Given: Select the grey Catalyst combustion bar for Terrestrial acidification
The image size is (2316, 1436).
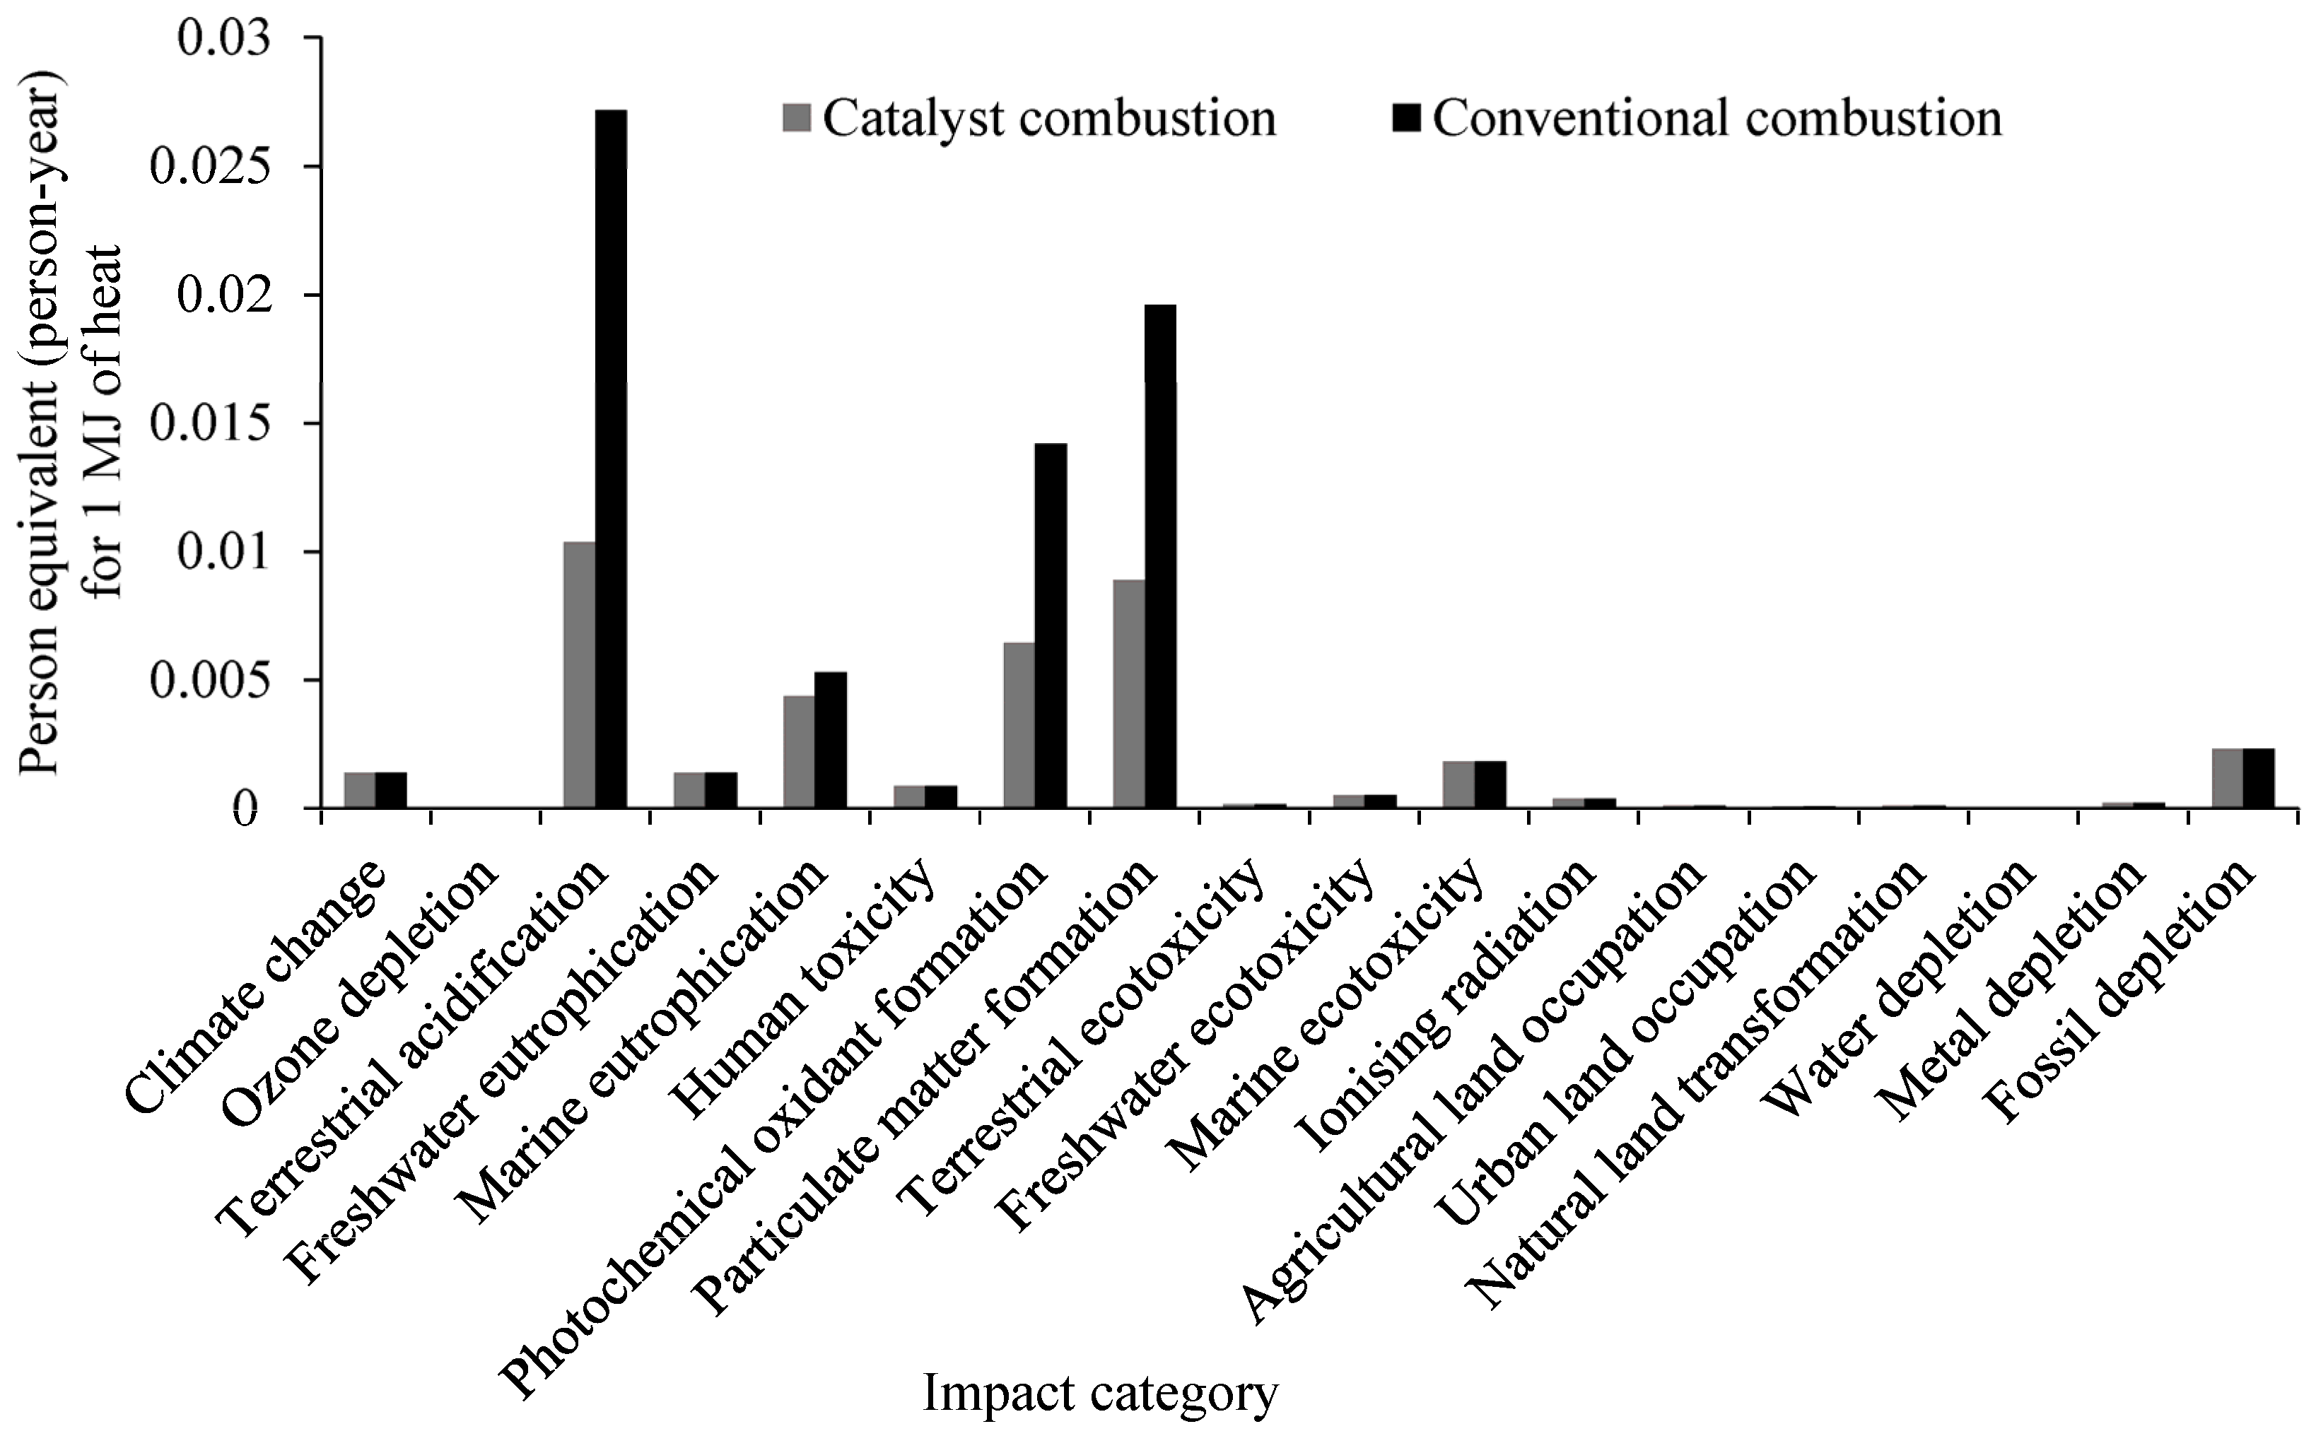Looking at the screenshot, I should [x=580, y=674].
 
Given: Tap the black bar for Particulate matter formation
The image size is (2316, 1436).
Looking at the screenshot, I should [x=1160, y=555].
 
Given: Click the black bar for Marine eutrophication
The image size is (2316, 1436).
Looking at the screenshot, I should [x=830, y=740].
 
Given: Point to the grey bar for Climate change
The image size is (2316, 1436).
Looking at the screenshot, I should [x=359, y=789].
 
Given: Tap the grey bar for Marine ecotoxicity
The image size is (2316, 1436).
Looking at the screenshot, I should [x=1458, y=784].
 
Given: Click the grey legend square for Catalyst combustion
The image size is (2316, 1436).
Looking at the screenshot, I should [x=797, y=118].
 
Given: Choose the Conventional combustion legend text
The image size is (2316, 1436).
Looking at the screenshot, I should [x=1716, y=118].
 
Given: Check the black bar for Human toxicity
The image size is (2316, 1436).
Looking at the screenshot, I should [x=940, y=796].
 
